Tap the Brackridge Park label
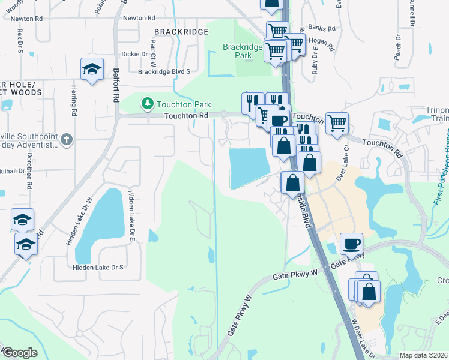(243, 50)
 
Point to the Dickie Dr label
(134, 54)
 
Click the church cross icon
(67, 140)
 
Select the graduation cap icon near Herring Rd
(92, 70)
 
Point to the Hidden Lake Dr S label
(97, 268)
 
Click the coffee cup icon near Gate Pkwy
(351, 244)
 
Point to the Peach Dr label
(397, 49)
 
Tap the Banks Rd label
(320, 28)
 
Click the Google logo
(20, 353)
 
